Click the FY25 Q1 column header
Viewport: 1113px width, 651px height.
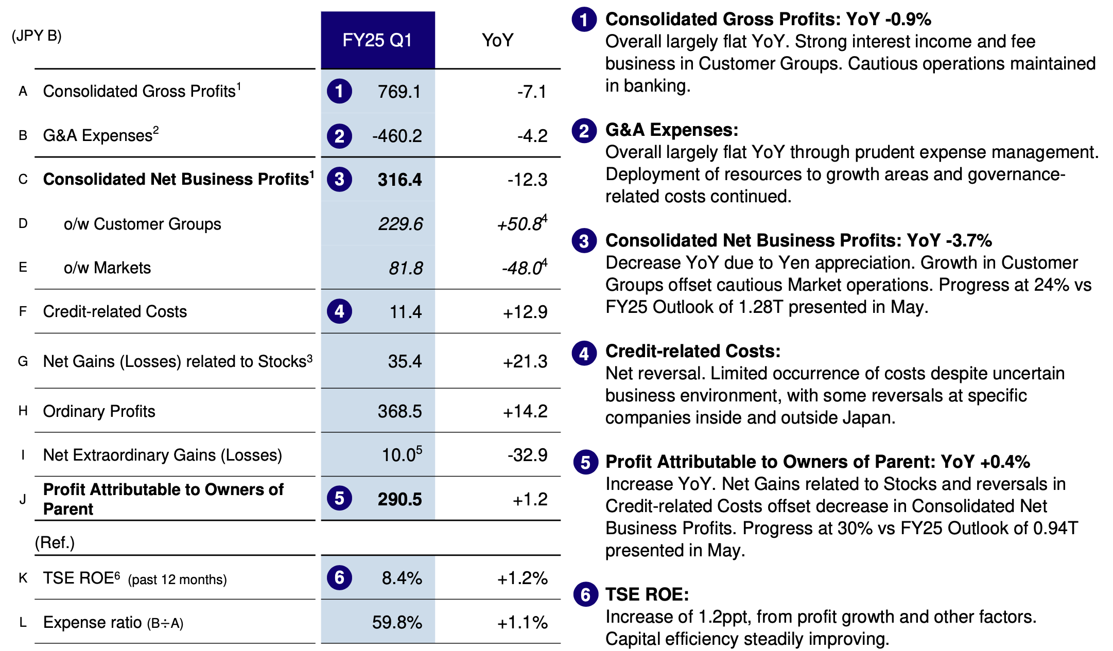(x=377, y=40)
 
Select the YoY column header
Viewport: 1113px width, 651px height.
(x=497, y=40)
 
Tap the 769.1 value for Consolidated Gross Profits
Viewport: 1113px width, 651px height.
(x=399, y=92)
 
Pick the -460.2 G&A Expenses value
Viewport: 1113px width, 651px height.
(x=397, y=136)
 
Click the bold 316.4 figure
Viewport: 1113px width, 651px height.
(x=399, y=180)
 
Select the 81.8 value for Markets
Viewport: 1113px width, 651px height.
(x=406, y=268)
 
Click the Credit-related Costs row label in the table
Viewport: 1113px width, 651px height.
(x=115, y=312)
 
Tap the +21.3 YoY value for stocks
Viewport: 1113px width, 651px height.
(x=525, y=362)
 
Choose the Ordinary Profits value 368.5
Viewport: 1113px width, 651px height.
(x=399, y=411)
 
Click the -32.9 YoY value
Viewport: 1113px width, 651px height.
(x=527, y=455)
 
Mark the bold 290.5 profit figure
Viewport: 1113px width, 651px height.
(x=399, y=499)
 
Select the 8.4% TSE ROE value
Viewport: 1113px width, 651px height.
(x=402, y=578)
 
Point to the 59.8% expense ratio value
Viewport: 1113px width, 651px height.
(x=397, y=623)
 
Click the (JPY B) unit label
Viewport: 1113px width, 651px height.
(x=37, y=36)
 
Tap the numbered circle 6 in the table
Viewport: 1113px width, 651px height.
(x=339, y=577)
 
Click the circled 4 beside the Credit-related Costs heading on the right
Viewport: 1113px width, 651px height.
(x=584, y=354)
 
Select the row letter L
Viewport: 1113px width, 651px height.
(x=23, y=623)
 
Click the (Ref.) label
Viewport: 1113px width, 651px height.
(x=55, y=543)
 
